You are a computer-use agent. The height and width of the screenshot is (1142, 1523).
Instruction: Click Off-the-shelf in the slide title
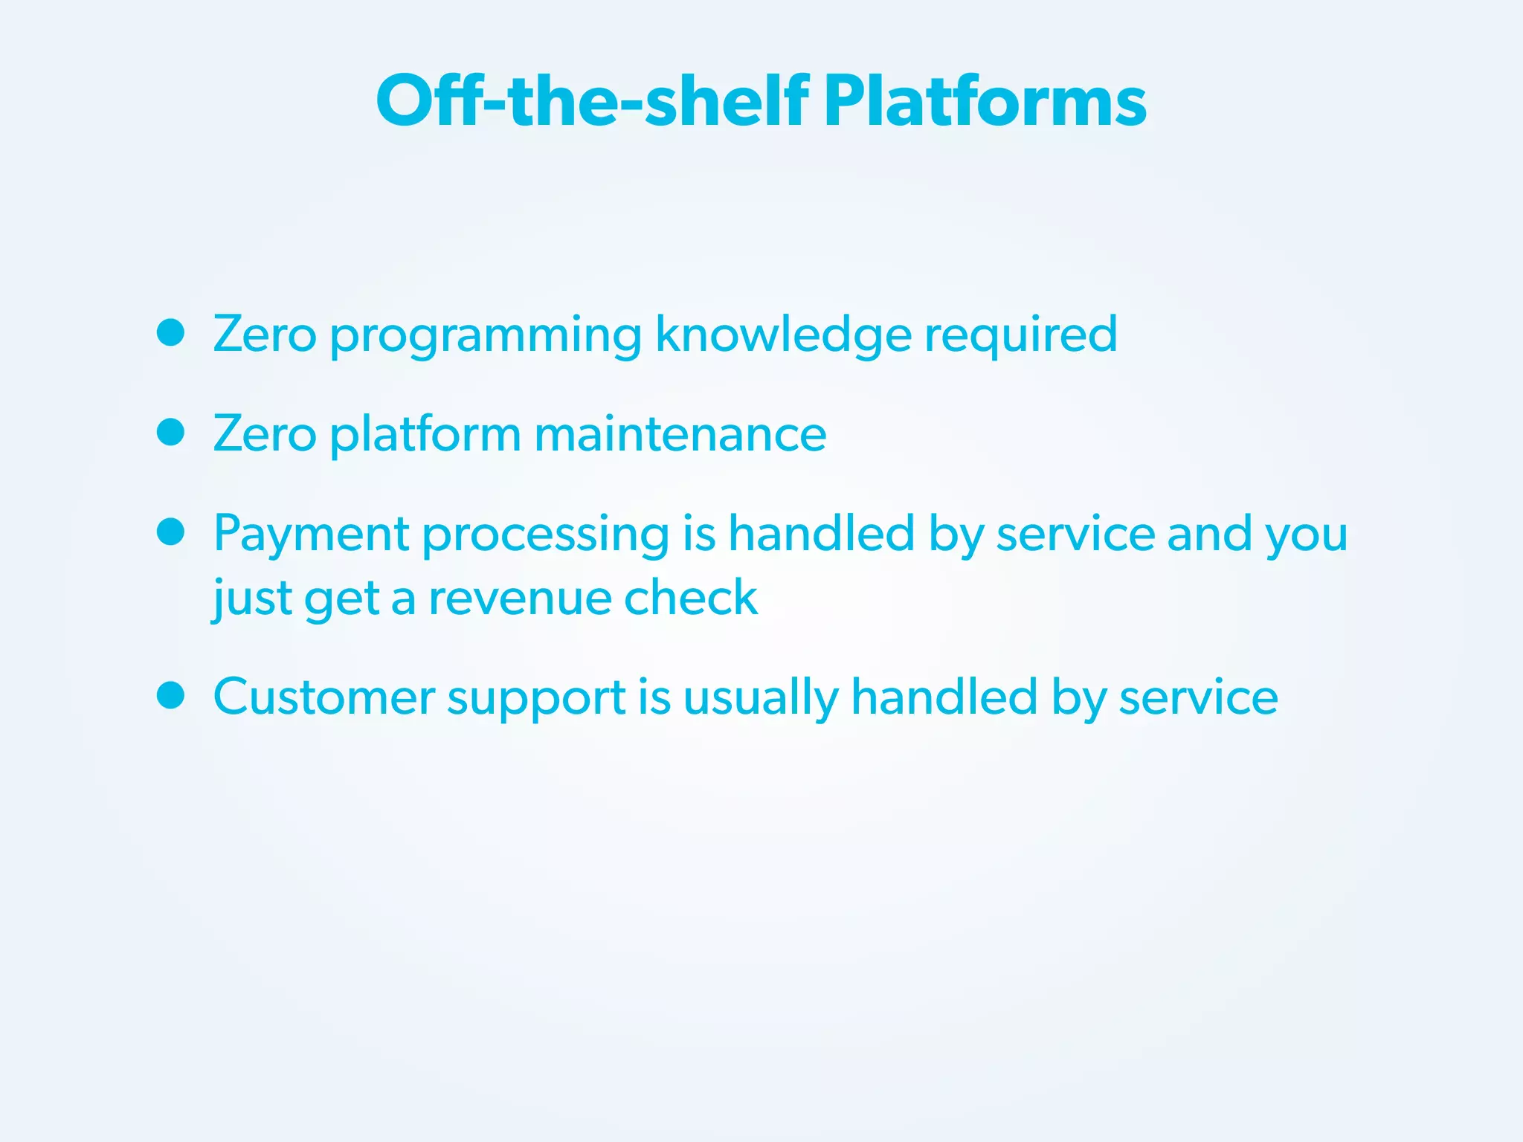(x=593, y=102)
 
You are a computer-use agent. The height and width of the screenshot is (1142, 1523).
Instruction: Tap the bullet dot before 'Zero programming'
(x=171, y=333)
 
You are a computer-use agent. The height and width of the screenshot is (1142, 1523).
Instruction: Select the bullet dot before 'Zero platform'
(x=171, y=432)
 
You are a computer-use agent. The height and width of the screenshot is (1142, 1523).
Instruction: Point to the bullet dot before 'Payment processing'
(x=171, y=532)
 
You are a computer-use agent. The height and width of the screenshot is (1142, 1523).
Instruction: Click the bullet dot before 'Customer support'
(x=171, y=696)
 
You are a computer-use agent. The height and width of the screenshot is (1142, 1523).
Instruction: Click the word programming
(x=486, y=336)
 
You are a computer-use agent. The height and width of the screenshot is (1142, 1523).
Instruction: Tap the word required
(x=1020, y=336)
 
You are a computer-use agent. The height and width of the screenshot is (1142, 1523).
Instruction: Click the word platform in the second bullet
(x=425, y=435)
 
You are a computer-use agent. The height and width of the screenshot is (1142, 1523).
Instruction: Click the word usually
(x=760, y=699)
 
